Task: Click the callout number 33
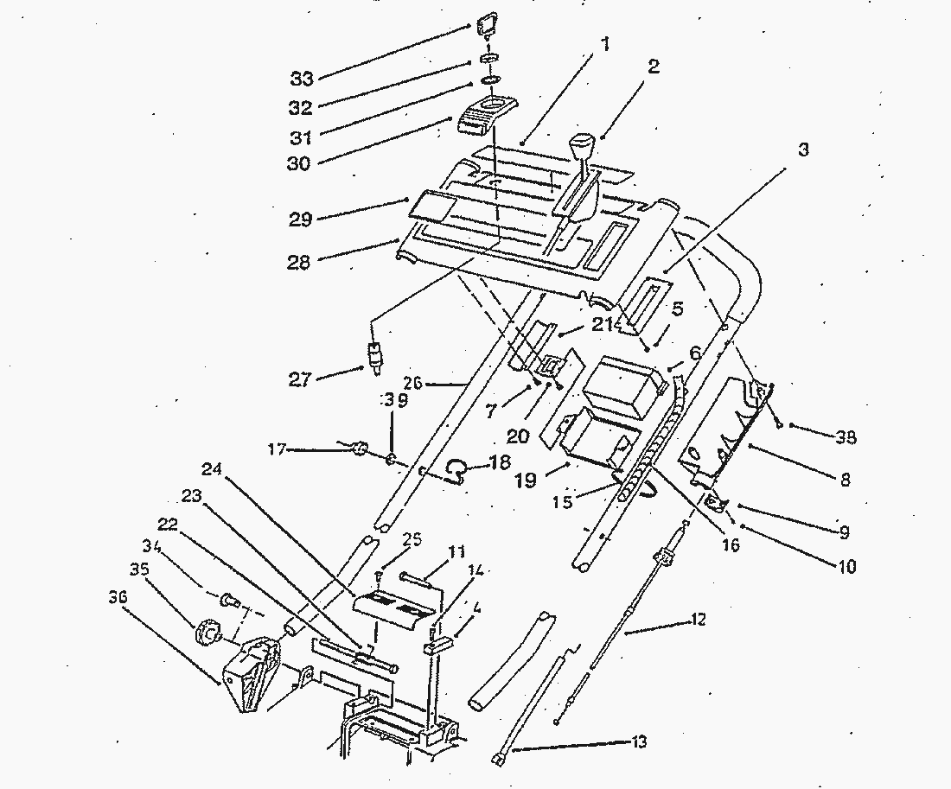(x=303, y=78)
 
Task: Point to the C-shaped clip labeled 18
(x=455, y=469)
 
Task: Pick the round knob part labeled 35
(x=209, y=634)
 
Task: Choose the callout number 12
(x=698, y=619)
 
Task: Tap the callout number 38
(x=846, y=438)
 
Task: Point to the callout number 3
(x=802, y=150)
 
